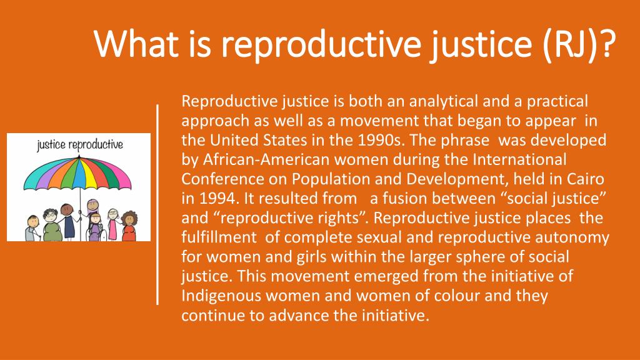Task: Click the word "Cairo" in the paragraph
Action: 585,179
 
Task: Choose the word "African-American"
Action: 266,159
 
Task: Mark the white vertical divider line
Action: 157,204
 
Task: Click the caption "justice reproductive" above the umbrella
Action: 80,144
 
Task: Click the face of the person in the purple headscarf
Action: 93,204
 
